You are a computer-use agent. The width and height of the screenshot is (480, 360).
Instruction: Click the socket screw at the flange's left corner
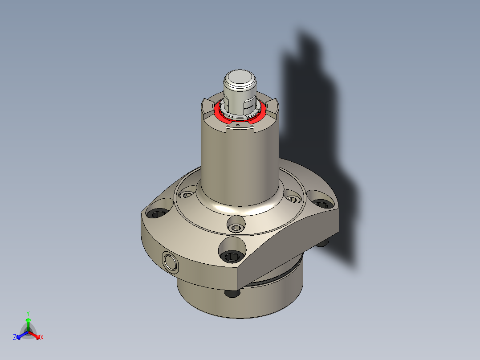(x=158, y=214)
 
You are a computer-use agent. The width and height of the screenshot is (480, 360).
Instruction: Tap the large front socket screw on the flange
(x=232, y=256)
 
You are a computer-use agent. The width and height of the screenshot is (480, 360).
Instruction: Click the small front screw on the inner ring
(x=236, y=228)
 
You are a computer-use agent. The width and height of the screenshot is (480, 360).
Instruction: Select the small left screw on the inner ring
(x=187, y=195)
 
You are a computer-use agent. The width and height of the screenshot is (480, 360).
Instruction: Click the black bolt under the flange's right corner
(x=324, y=243)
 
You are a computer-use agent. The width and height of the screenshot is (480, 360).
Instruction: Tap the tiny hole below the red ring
(x=238, y=126)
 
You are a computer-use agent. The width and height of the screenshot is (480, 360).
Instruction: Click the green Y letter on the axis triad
(x=28, y=313)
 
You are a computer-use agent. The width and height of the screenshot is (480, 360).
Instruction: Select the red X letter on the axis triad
(x=42, y=338)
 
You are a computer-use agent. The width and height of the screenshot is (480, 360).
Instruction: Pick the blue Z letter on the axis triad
(x=15, y=338)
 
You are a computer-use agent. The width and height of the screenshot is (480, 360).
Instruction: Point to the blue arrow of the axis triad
(x=20, y=335)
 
